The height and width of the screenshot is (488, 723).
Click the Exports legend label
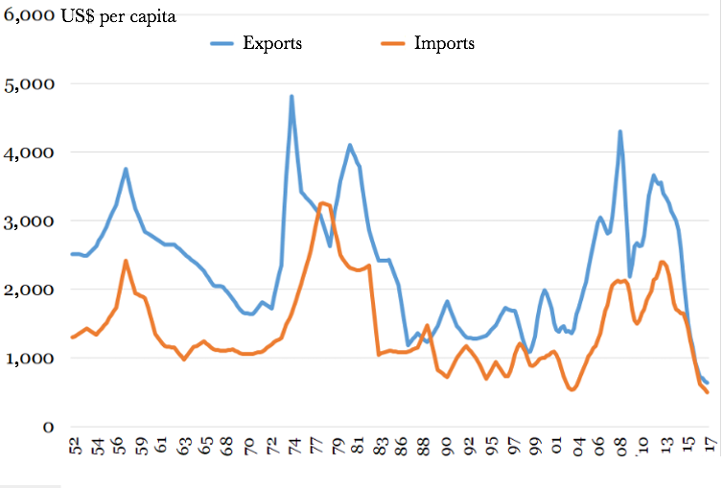(272, 43)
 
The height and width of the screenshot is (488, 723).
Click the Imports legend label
(444, 43)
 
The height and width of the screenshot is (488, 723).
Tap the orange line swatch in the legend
(393, 43)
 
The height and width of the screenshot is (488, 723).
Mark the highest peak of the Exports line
(292, 96)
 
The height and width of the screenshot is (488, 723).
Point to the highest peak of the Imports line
(323, 203)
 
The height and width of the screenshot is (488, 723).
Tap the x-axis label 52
(75, 451)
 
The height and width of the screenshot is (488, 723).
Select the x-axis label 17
(710, 451)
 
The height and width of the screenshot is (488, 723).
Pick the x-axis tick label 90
(447, 451)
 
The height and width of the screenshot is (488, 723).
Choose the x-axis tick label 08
(621, 451)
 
